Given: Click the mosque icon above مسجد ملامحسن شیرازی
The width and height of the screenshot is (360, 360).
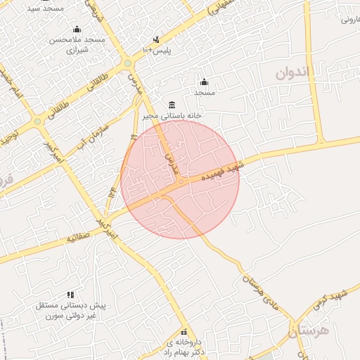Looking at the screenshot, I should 77,29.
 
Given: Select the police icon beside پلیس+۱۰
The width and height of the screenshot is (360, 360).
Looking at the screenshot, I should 156,39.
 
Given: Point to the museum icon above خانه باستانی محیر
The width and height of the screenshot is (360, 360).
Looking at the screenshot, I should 172,104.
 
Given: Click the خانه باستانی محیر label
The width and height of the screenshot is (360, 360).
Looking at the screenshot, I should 172,115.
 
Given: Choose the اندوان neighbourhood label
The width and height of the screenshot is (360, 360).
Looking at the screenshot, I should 292,72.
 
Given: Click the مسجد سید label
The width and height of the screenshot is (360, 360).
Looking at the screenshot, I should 45,8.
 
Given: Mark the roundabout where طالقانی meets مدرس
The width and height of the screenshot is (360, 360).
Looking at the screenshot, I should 127,64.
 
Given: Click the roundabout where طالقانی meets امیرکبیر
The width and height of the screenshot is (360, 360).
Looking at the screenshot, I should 37,122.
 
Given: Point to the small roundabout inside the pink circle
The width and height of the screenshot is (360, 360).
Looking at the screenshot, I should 181,182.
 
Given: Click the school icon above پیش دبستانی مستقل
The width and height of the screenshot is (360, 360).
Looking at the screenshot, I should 70,295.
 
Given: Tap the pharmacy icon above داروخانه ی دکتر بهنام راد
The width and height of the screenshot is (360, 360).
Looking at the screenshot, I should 184,332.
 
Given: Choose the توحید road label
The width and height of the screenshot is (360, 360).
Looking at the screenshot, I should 8,138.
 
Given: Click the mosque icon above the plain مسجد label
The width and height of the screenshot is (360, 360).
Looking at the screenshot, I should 204,82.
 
